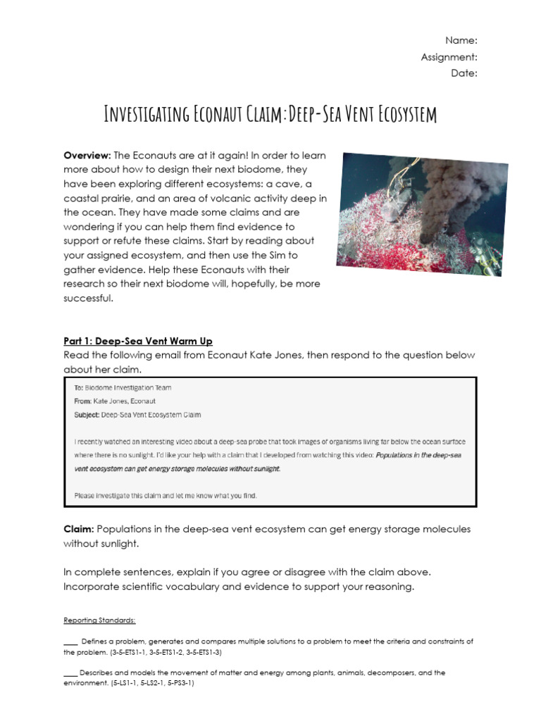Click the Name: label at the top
click(x=461, y=40)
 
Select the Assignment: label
click(x=449, y=57)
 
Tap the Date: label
click(x=464, y=73)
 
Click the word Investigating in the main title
click(x=147, y=114)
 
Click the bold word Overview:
click(x=87, y=155)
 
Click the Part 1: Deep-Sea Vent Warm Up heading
click(x=138, y=341)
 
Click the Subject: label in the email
click(x=87, y=415)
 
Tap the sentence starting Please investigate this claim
click(x=166, y=496)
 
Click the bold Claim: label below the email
click(x=79, y=529)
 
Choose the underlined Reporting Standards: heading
click(x=99, y=620)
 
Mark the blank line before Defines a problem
click(x=70, y=642)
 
